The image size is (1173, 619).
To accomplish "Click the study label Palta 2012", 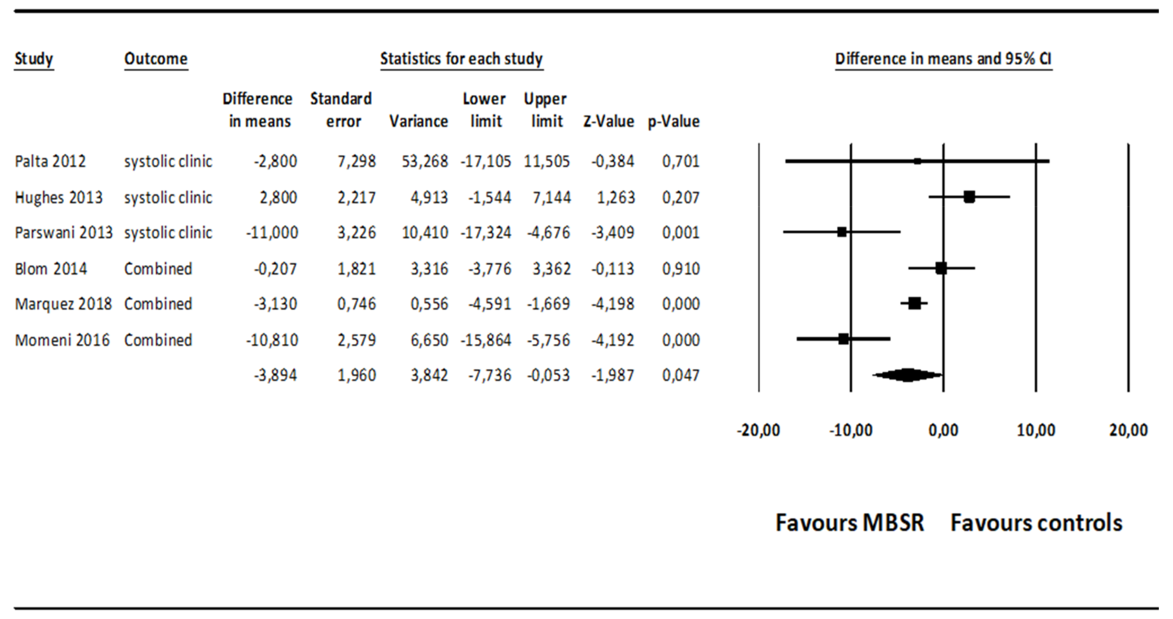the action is (50, 161).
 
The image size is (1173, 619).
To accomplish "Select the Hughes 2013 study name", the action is (59, 197).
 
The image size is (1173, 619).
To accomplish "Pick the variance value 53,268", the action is (425, 161).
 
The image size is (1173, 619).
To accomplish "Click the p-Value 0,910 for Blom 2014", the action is (681, 269).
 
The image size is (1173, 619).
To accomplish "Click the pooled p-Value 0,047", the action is (681, 375).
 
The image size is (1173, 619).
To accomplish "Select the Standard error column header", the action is (341, 110).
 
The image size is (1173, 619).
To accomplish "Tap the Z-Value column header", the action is (609, 121).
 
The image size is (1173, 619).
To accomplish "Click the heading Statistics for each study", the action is (461, 59).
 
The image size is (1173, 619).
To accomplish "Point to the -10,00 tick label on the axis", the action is (851, 430).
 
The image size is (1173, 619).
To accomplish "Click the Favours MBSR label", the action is (850, 523).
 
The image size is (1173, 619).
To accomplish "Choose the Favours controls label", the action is (1036, 523).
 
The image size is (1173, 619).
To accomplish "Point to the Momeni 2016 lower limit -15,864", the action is (486, 340).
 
